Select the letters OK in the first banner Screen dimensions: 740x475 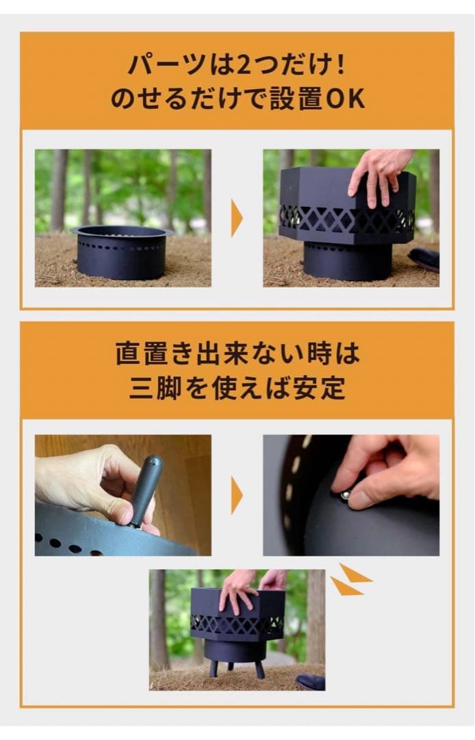(x=344, y=99)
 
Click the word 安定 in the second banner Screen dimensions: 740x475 (x=322, y=388)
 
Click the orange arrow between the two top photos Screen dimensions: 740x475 (x=237, y=219)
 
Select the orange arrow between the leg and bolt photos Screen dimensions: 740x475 (x=237, y=495)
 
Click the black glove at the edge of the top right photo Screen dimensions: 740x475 (x=424, y=259)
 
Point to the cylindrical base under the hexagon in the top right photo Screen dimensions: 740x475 (x=347, y=260)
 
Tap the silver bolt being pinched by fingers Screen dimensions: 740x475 (x=346, y=493)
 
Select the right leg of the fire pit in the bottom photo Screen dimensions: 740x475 (x=261, y=669)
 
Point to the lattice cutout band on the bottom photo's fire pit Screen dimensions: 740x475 (x=237, y=624)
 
